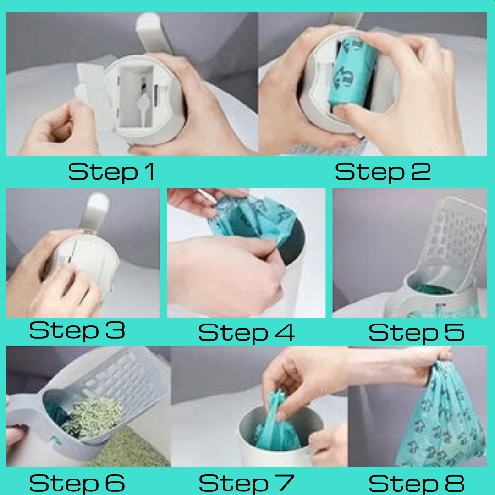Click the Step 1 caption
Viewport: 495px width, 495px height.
coord(111,172)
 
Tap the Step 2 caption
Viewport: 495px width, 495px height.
coord(383,172)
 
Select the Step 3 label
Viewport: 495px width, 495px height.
coord(77,330)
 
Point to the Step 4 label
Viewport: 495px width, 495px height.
coord(247,332)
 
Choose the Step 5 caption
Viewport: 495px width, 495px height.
coord(416,332)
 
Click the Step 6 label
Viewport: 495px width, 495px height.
coord(77,483)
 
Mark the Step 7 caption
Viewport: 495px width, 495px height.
coord(247,483)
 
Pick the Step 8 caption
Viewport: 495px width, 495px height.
coord(416,483)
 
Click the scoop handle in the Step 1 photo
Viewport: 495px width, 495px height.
coord(152,33)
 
